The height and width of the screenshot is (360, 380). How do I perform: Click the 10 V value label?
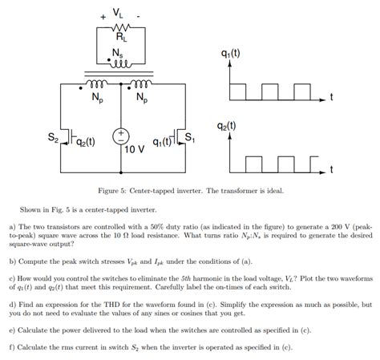pos(135,149)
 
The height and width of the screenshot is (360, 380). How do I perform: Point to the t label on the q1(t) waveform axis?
pos(330,97)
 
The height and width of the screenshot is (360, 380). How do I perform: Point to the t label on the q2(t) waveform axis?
pos(330,170)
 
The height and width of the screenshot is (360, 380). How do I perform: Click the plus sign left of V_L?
pos(103,15)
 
